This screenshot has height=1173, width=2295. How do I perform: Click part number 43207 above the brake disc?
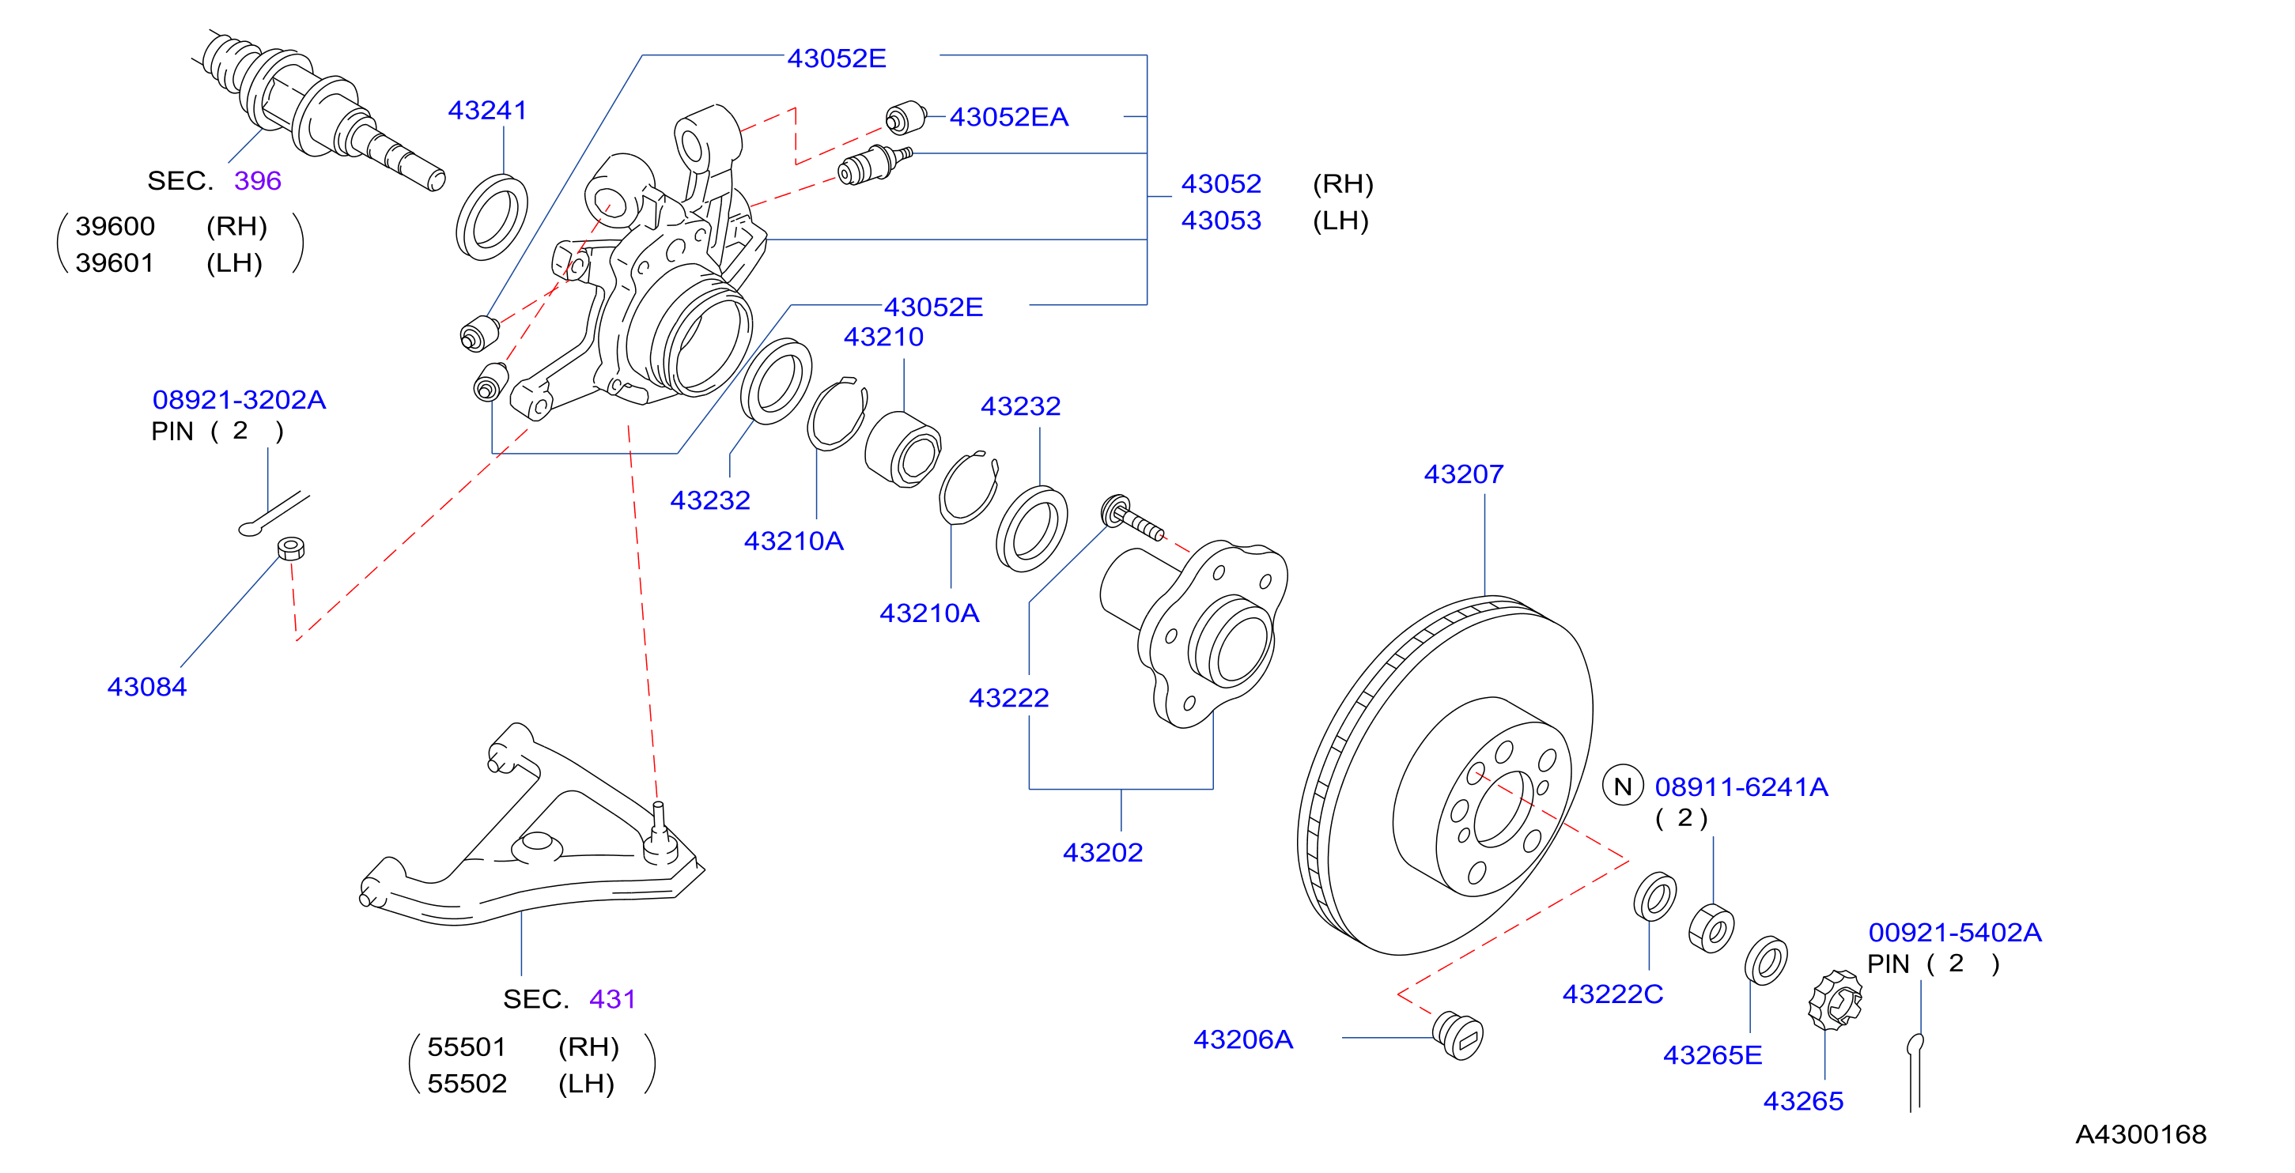point(1463,473)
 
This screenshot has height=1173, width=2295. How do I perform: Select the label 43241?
point(487,111)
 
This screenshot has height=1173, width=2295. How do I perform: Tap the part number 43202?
point(1102,852)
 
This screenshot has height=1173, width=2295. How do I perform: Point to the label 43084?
point(147,687)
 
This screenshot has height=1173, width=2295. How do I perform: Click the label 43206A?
point(1243,1039)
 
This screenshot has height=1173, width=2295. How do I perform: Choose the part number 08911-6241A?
point(1741,787)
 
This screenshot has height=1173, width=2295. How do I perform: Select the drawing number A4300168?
point(2140,1133)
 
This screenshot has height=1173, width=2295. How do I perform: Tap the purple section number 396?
point(258,181)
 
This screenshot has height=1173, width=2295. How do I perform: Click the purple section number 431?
point(612,999)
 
